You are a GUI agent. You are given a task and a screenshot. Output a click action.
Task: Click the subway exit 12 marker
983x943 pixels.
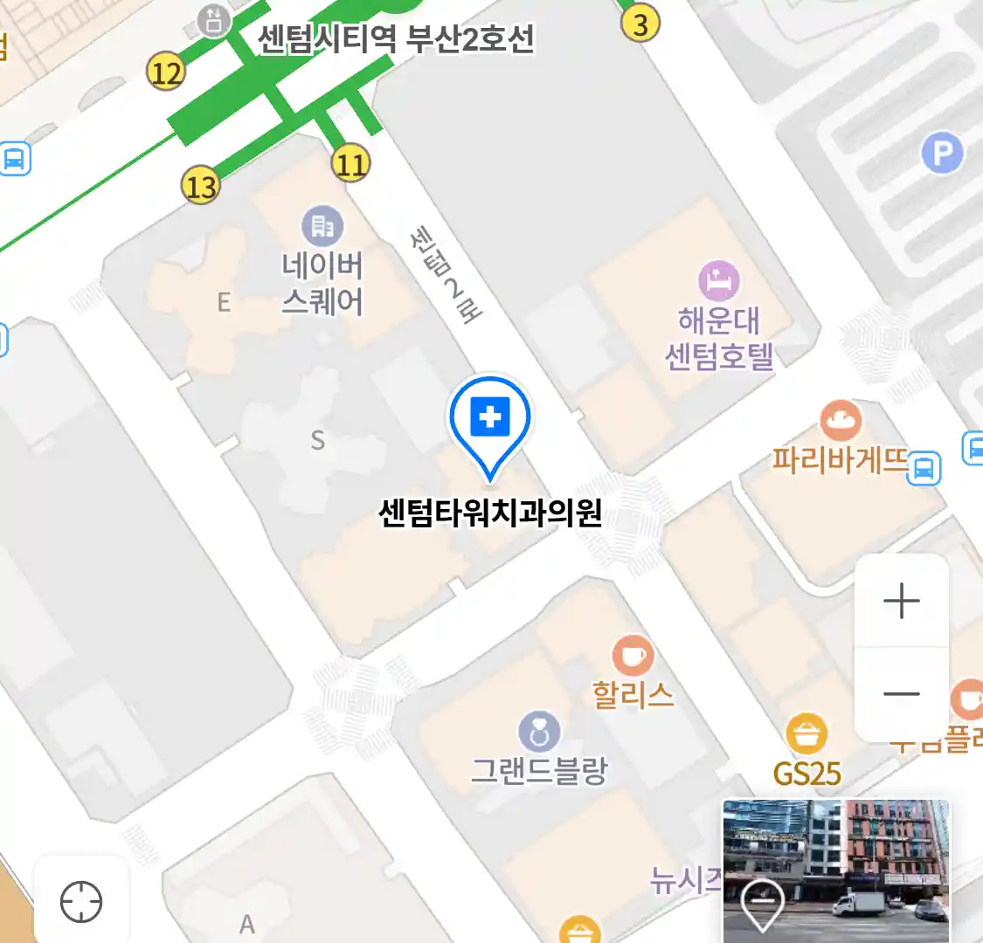[x=165, y=72]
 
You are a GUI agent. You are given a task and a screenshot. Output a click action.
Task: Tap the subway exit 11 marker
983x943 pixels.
[x=350, y=163]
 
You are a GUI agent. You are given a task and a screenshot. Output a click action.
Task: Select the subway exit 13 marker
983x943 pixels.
[x=200, y=185]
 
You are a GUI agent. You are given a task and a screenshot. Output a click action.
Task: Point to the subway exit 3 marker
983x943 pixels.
[x=640, y=24]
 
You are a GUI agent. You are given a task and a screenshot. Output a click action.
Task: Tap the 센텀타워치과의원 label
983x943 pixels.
[x=490, y=513]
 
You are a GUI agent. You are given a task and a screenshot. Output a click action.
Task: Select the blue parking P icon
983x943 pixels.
[x=942, y=155]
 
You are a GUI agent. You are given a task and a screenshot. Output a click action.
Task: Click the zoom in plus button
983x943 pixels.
[x=901, y=602]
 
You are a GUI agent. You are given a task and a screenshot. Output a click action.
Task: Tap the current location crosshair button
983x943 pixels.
[x=81, y=902]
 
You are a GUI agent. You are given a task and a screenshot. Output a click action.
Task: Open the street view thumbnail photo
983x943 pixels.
[x=835, y=871]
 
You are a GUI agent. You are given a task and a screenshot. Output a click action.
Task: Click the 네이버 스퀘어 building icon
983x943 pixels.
[x=322, y=227]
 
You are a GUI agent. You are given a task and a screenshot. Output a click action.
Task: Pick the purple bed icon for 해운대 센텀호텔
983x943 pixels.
[x=718, y=281]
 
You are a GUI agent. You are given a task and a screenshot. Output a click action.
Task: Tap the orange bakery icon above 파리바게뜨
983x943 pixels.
[x=841, y=422]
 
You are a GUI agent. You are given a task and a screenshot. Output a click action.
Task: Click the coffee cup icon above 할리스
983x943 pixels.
[x=633, y=656]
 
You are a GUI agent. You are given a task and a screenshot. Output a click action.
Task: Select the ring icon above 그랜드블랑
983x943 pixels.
[x=539, y=733]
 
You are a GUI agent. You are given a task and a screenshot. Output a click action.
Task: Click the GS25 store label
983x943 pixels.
[x=806, y=774]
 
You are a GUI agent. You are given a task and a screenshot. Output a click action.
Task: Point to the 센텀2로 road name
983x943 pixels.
[x=446, y=274]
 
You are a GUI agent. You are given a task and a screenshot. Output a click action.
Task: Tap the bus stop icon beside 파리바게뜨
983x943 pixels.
[x=924, y=468]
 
